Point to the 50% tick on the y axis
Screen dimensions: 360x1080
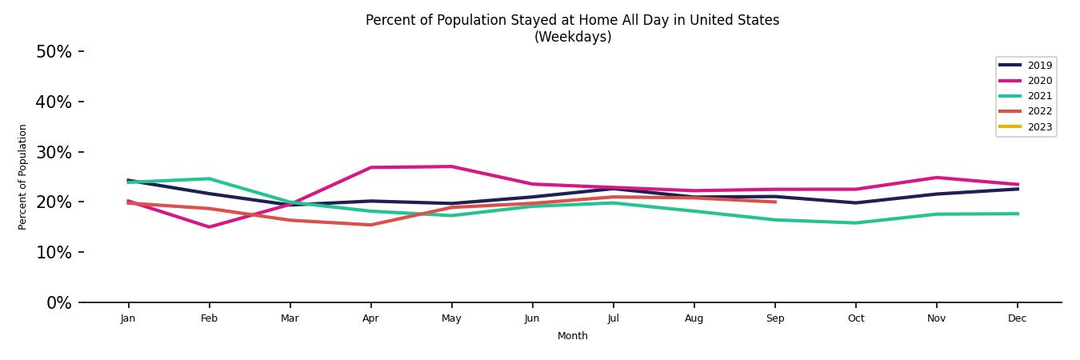tap(54, 52)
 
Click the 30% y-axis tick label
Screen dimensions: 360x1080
tap(54, 152)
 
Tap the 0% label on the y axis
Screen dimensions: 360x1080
tap(58, 303)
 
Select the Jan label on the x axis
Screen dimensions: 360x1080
tap(128, 318)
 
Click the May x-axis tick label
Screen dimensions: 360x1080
tap(451, 318)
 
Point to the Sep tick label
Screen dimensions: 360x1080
tap(775, 318)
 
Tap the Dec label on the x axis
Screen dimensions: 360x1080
tap(1018, 318)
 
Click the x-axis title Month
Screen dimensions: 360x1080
tap(573, 336)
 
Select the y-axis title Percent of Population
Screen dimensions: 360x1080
tap(23, 177)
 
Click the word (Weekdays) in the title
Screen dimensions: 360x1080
tap(573, 38)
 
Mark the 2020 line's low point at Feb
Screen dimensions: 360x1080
tap(210, 227)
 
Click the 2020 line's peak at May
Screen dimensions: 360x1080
tap(451, 166)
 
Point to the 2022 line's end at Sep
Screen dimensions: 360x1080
tap(775, 202)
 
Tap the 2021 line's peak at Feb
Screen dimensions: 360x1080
tap(210, 178)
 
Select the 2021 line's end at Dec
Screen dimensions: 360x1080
tap(1018, 214)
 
